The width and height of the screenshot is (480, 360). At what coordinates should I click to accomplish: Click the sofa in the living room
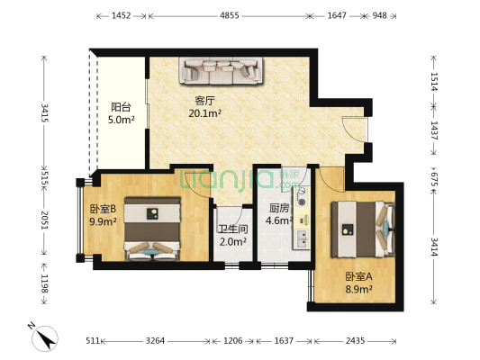221,69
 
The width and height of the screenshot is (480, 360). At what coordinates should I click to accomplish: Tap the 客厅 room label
204,100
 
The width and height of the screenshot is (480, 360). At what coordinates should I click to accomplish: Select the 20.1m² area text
204,113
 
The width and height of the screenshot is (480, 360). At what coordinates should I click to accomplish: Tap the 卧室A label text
358,276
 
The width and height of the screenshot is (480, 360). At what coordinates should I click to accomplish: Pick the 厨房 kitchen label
279,208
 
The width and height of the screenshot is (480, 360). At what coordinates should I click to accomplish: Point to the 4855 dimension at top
230,16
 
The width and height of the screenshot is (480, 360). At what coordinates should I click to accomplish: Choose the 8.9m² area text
358,289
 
